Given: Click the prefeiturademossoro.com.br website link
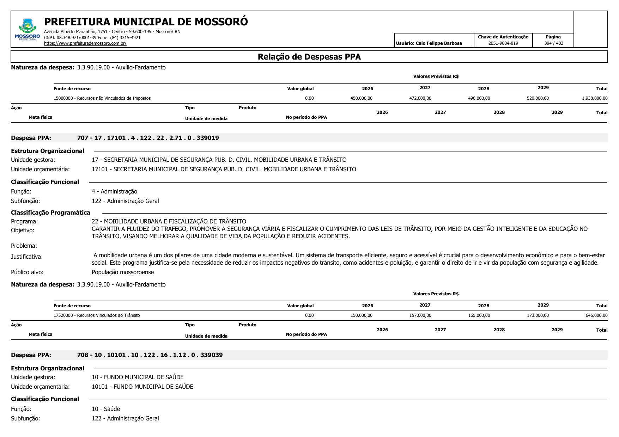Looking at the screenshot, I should [x=85, y=43].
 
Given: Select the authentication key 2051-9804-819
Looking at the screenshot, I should [x=503, y=43].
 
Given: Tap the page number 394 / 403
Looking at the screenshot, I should [x=553, y=43].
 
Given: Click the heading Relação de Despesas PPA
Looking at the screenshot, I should [x=309, y=57].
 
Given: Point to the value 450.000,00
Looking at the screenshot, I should [x=361, y=98].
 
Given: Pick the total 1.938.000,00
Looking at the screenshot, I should [x=595, y=98].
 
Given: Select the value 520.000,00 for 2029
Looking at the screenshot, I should [x=538, y=98].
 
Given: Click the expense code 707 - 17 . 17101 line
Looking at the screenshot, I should [x=148, y=138].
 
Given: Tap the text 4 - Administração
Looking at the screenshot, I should [x=114, y=191].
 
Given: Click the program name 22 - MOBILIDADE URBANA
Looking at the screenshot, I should [x=169, y=221].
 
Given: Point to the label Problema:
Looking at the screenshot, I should [x=24, y=246].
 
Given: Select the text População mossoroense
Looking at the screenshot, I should [x=123, y=272].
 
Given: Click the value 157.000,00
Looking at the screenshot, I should [x=420, y=315].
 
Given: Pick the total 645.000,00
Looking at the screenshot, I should [x=596, y=315].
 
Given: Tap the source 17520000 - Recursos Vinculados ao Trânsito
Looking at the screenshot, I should [x=97, y=315].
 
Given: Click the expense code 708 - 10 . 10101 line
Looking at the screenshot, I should [x=150, y=355].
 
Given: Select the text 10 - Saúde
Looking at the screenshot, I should [x=106, y=409].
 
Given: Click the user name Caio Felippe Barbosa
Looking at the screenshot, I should [x=438, y=43].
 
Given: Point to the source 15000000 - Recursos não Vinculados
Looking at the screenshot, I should [x=102, y=98].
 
